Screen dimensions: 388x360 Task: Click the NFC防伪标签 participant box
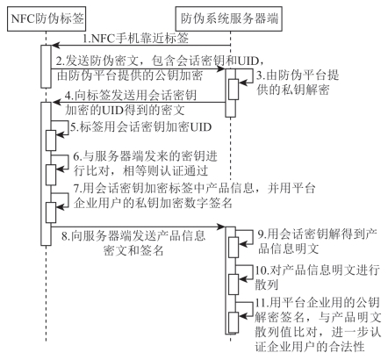pos(47,18)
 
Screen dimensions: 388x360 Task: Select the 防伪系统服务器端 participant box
pos(229,18)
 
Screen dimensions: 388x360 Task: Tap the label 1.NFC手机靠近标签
pos(135,39)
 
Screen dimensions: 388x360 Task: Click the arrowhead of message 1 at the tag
pos(56,46)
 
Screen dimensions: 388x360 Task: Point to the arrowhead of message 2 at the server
pos(221,69)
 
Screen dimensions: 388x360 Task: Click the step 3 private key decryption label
pos(298,83)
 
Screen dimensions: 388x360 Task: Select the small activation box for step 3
pos(234,90)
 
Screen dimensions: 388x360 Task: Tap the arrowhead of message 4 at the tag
pos(56,102)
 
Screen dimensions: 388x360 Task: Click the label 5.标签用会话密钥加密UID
pos(140,127)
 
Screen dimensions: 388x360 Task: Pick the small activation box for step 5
pos(51,140)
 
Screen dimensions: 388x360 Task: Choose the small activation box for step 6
pos(51,175)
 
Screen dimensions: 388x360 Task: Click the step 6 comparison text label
pos(145,163)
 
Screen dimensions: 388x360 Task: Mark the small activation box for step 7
pos(51,212)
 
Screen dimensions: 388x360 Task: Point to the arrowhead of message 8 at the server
pos(221,227)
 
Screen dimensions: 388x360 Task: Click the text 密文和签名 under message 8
pos(133,250)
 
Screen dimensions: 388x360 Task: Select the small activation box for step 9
pos(234,248)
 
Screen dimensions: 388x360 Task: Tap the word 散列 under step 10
pos(266,284)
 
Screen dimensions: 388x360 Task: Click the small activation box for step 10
pos(234,284)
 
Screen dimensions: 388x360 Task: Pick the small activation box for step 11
pos(234,322)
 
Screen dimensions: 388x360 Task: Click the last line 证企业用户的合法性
pos(310,347)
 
